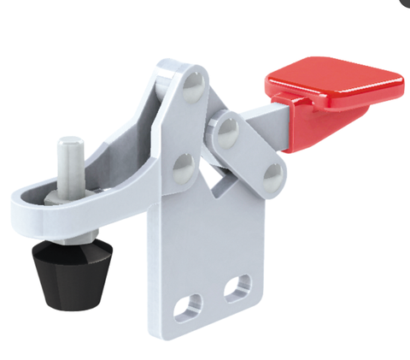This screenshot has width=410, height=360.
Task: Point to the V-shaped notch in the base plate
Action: point(220,180)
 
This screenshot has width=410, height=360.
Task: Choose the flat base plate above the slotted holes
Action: point(209,239)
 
